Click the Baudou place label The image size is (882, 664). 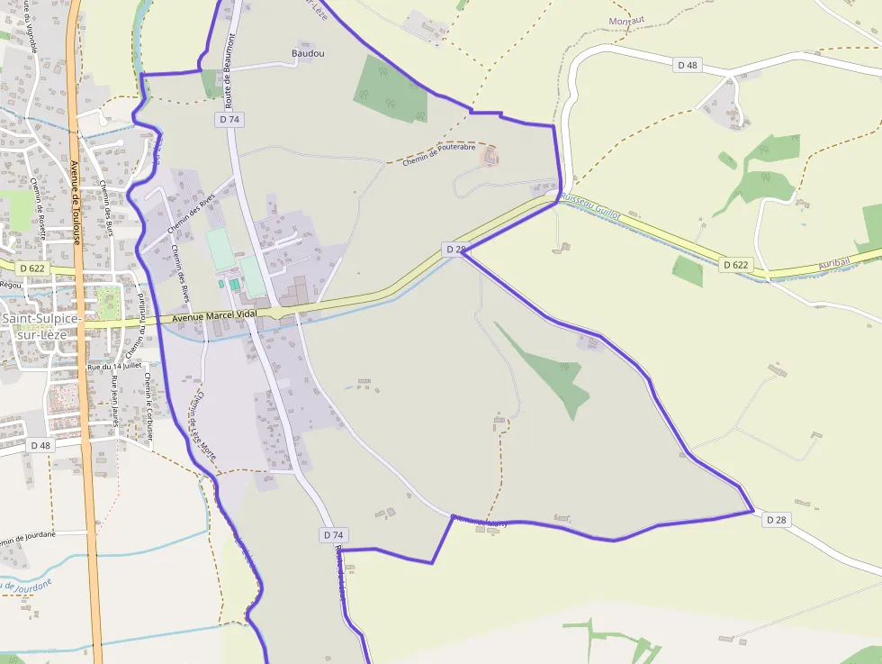308,53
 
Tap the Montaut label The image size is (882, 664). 627,21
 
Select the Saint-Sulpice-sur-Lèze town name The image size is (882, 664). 41,326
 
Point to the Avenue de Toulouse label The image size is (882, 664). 76,203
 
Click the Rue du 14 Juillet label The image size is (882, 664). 115,367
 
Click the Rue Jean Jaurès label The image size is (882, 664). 115,401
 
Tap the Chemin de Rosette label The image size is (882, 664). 40,207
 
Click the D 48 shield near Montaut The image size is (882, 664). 688,65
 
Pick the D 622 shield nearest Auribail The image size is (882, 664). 734,264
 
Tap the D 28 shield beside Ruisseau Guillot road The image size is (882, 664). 454,249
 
